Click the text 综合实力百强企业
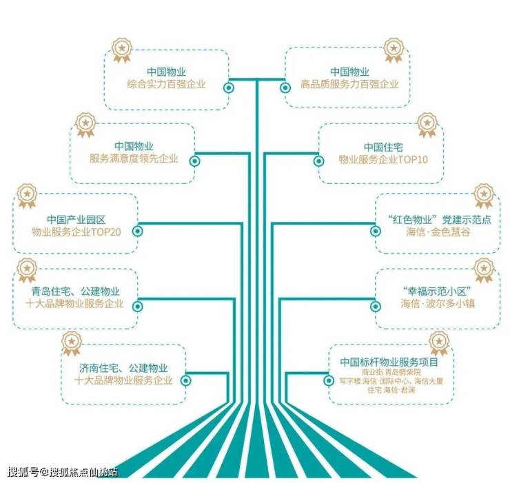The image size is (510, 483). [166, 84]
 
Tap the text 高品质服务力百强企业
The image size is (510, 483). [349, 84]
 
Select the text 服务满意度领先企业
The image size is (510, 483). [134, 158]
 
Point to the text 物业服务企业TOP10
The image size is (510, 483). [383, 159]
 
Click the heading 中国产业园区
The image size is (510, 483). [76, 220]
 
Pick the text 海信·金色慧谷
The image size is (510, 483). [438, 232]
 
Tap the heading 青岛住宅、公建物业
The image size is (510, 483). [75, 291]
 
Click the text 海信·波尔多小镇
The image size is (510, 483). [438, 303]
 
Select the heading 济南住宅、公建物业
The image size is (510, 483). [123, 368]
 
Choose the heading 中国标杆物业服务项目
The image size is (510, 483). [389, 362]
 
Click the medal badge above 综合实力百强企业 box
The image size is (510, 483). [122, 50]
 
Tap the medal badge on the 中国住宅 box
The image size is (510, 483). [427, 125]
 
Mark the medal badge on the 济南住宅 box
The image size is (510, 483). [72, 343]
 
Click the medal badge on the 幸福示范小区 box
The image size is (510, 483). [484, 270]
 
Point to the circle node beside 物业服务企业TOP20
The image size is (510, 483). [138, 232]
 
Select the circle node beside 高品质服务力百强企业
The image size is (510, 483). [285, 88]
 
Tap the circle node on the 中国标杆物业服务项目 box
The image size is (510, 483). [329, 380]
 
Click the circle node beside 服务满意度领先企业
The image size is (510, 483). [194, 161]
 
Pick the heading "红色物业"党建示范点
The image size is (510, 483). [440, 220]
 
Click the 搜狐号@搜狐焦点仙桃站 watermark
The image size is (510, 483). [62, 471]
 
